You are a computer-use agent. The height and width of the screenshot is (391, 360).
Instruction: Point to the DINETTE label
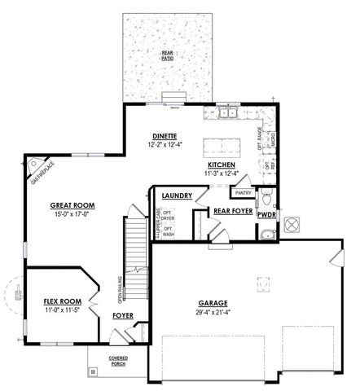165,135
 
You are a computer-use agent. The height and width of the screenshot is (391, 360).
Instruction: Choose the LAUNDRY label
177,196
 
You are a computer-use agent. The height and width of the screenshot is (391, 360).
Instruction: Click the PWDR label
267,215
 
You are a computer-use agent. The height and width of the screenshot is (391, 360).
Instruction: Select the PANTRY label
242,193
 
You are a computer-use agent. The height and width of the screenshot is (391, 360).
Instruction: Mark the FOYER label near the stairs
122,314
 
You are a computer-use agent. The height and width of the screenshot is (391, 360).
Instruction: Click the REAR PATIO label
167,55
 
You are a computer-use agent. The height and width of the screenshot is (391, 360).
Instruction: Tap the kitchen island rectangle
216,147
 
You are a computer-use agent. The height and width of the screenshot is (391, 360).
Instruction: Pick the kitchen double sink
226,113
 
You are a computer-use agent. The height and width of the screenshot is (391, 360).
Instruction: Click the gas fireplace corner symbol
34,167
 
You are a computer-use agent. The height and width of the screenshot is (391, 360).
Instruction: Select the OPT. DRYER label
169,215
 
